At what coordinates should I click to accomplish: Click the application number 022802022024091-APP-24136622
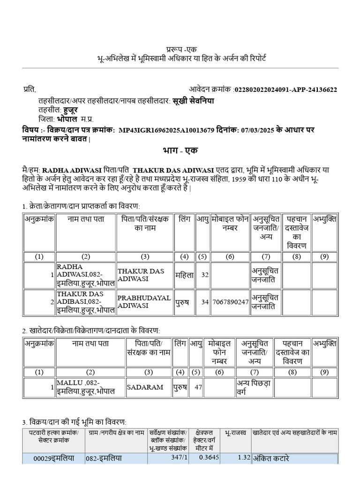[285, 90]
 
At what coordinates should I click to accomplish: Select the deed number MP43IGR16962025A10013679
[166, 130]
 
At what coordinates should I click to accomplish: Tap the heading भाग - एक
[180, 150]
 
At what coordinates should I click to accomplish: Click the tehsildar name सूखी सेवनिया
[193, 101]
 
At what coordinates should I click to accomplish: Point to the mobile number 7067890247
[230, 302]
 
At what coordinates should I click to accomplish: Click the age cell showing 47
[198, 387]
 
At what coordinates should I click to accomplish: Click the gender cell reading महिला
[184, 275]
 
